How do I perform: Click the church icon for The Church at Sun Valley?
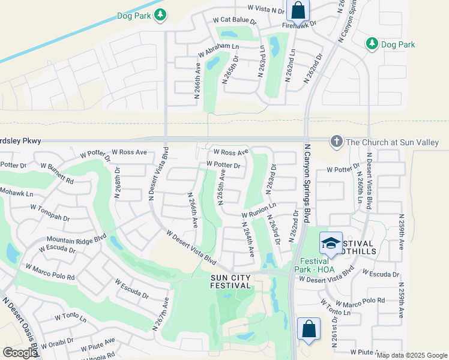[336, 142]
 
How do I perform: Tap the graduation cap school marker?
[330, 243]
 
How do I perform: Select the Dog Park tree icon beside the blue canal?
[160, 14]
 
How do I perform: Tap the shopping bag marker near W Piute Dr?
[309, 329]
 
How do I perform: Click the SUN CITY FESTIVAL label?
[231, 281]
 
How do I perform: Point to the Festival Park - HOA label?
[315, 265]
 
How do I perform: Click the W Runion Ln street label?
[259, 210]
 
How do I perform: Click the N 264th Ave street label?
[247, 239]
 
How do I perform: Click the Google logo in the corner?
[20, 353]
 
